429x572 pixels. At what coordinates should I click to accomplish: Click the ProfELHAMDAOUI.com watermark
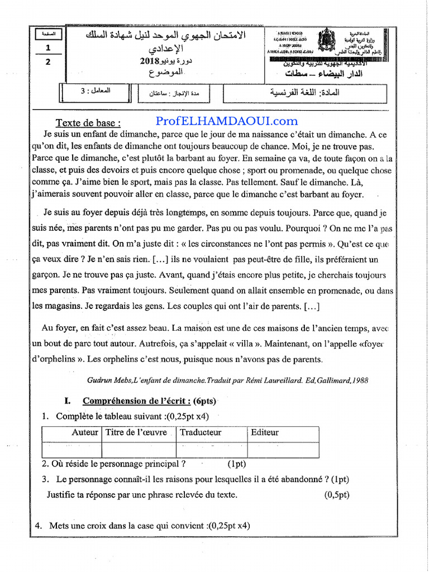[226, 121]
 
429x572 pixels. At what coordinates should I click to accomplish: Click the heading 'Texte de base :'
[88, 123]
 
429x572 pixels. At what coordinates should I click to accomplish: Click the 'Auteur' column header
[85, 432]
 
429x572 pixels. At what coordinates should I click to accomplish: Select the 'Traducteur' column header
[201, 432]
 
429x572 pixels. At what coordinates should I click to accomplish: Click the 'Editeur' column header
[265, 432]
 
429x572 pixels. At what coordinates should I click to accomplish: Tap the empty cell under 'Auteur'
[71, 449]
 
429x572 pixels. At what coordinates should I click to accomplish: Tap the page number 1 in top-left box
[48, 49]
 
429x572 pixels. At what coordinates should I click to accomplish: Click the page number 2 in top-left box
[48, 62]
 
